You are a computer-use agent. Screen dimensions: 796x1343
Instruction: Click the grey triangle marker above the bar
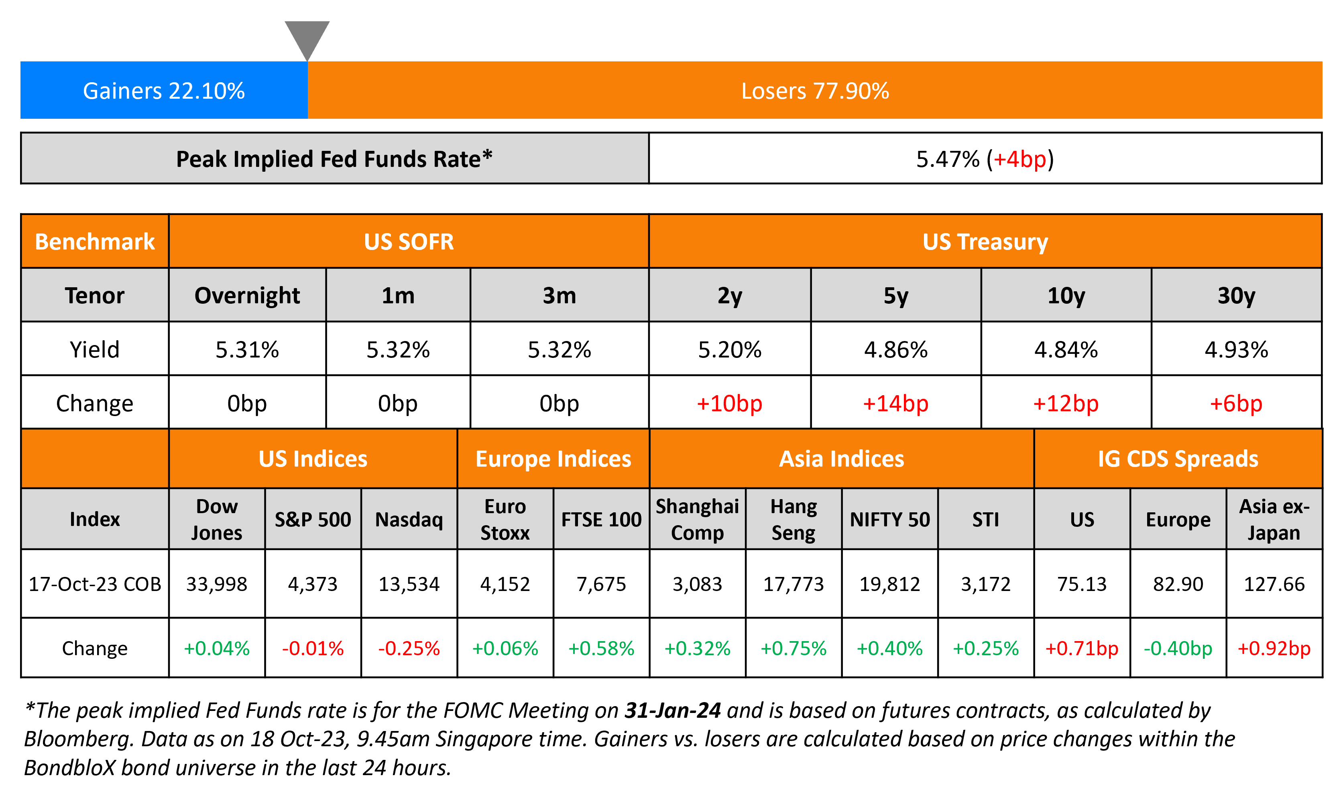307,38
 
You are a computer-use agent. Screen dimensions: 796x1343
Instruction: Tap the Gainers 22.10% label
164,91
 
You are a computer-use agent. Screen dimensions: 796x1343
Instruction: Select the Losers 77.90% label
814,91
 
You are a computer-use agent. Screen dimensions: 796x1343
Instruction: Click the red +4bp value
1019,159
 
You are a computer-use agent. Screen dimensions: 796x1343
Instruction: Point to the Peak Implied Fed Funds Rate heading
334,159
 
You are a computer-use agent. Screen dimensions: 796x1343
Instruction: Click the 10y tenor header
1066,296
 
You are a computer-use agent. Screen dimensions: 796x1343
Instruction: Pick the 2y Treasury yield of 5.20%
729,350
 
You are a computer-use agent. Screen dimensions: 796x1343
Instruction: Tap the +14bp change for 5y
895,403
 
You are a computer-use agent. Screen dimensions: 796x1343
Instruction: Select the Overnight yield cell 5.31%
247,350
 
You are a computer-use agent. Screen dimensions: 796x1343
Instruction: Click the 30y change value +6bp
1236,403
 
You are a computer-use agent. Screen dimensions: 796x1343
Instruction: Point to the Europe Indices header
553,459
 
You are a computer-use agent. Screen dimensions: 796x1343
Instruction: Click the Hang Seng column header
793,519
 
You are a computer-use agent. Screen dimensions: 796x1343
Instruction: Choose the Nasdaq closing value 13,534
409,584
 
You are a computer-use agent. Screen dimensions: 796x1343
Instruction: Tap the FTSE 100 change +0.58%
601,648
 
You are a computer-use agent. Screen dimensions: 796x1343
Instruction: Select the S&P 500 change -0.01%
313,648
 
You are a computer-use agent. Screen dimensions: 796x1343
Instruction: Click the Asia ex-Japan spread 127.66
1274,584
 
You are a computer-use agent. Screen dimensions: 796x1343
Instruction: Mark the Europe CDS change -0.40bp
1178,648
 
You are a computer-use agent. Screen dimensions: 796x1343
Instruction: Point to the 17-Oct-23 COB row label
95,584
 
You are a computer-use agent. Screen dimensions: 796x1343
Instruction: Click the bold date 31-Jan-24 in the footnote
672,711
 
